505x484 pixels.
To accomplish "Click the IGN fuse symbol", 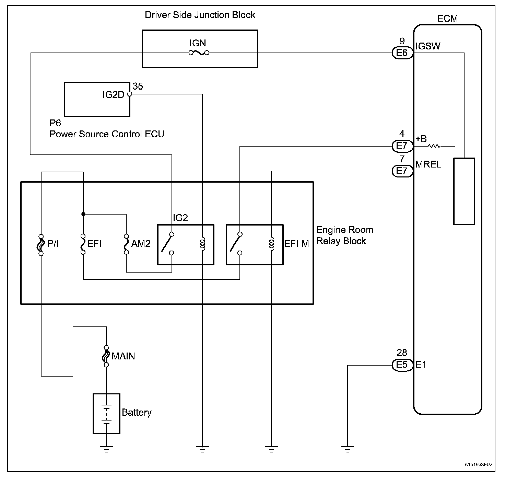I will pyautogui.click(x=199, y=53).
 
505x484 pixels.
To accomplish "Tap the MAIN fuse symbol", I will pyautogui.click(x=106, y=356).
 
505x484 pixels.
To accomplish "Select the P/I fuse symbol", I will pyautogui.click(x=41, y=245).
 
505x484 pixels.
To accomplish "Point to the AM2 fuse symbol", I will pyautogui.click(x=126, y=244).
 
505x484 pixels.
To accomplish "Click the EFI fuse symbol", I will pyautogui.click(x=83, y=244).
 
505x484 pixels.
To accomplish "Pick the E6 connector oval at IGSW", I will pyautogui.click(x=402, y=53).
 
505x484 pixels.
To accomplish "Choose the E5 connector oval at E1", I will pyautogui.click(x=402, y=365).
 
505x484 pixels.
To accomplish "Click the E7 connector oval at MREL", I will pyautogui.click(x=402, y=171).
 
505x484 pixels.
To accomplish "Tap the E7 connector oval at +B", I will pyautogui.click(x=402, y=146).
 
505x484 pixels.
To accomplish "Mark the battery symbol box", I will pyautogui.click(x=106, y=414).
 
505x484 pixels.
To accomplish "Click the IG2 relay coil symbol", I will pyautogui.click(x=202, y=244).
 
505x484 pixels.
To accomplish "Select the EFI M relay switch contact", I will pyautogui.click(x=235, y=244).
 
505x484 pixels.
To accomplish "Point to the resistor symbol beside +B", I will pyautogui.click(x=434, y=146).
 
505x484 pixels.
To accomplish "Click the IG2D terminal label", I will pyautogui.click(x=113, y=95).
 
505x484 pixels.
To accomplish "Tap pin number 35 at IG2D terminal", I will pyautogui.click(x=138, y=86).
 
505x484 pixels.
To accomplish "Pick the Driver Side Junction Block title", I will pyautogui.click(x=200, y=15).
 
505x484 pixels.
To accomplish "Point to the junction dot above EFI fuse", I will pyautogui.click(x=83, y=214).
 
